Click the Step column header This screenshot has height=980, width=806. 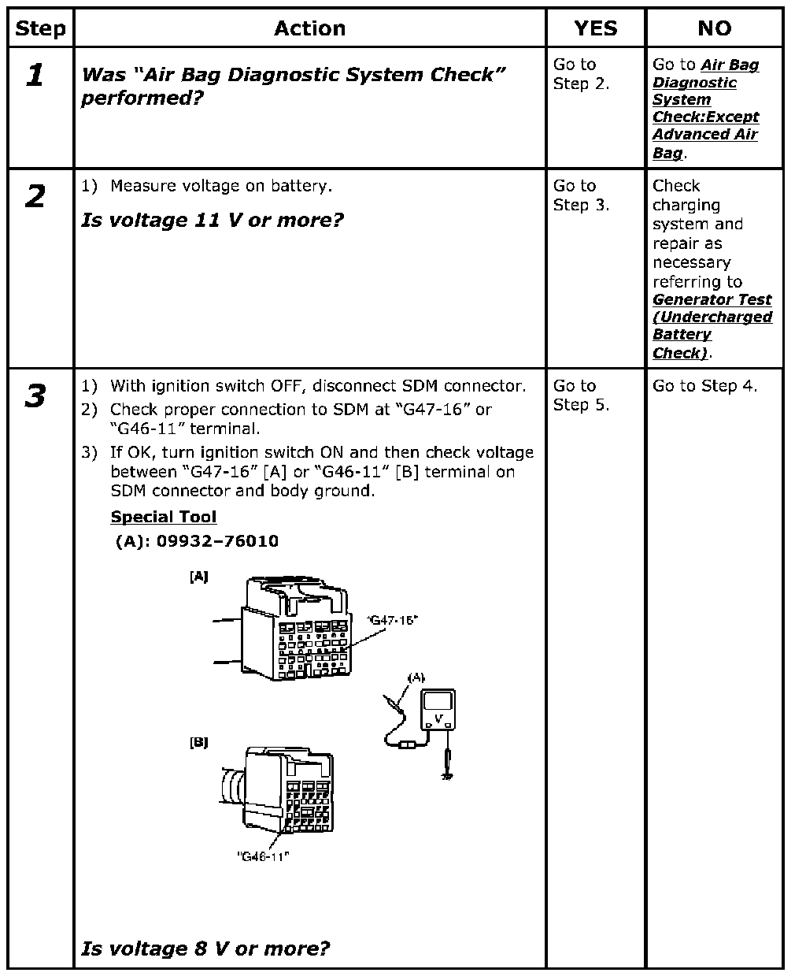point(41,29)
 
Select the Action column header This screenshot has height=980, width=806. point(309,29)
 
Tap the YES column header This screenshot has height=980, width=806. point(595,29)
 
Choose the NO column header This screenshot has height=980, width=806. point(714,29)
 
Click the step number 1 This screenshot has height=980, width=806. point(35,76)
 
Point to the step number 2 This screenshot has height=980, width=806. point(35,197)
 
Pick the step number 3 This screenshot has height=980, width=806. point(35,397)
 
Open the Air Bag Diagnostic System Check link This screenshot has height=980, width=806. point(705,109)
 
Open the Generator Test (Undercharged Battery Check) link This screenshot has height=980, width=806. point(712,326)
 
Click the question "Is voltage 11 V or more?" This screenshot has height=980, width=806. point(213,220)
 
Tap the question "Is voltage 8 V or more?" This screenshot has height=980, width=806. point(205,948)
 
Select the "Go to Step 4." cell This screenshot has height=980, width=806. point(704,386)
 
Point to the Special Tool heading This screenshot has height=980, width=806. point(164,518)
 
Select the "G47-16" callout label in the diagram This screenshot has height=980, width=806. point(392,620)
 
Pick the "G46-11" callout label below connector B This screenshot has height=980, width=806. point(263,856)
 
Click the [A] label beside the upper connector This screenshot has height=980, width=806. point(198,577)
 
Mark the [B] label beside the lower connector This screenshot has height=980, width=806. point(198,742)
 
